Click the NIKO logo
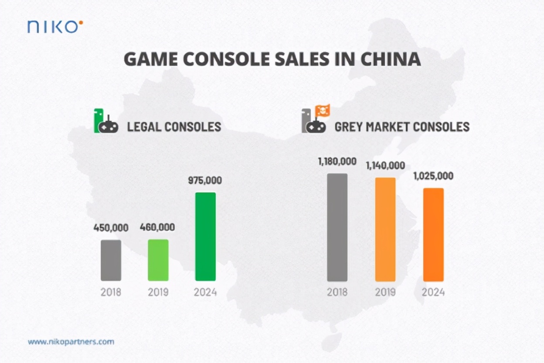[x=55, y=27]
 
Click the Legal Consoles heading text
[x=174, y=127]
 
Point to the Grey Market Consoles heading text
[x=402, y=127]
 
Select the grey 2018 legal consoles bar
[x=111, y=260]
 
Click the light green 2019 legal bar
[x=158, y=260]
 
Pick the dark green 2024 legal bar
[x=205, y=236]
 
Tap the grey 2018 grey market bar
[x=337, y=227]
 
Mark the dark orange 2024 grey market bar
[x=433, y=234]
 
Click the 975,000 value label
[x=205, y=180]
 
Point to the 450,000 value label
[x=111, y=227]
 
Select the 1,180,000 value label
[x=337, y=162]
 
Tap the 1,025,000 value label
[x=433, y=176]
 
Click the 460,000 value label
[x=157, y=227]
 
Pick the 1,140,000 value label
[x=385, y=166]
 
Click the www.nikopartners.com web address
[x=71, y=342]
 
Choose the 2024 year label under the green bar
[x=205, y=292]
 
